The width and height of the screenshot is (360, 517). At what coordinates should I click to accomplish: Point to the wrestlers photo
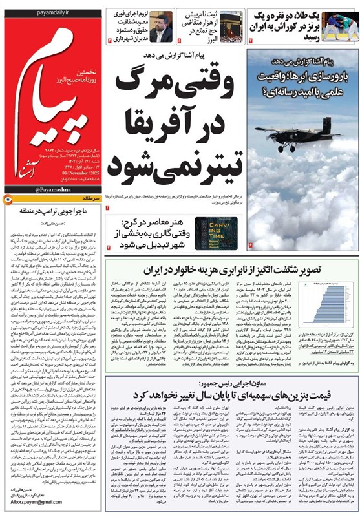click(340, 26)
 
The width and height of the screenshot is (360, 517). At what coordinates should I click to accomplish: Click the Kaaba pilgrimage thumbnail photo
click(229, 26)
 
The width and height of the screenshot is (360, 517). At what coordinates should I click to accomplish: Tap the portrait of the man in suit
click(160, 26)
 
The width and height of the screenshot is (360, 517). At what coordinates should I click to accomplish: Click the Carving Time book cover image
click(216, 233)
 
